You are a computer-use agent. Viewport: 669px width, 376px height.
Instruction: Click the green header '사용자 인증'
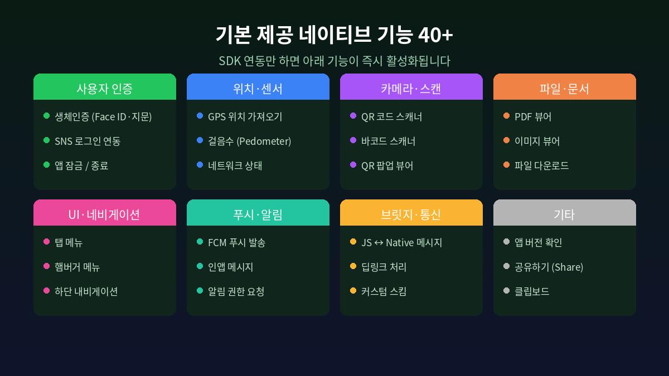point(105,88)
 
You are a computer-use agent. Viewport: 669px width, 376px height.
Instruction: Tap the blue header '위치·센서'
point(258,88)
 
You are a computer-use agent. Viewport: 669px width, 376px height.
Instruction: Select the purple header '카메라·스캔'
point(411,88)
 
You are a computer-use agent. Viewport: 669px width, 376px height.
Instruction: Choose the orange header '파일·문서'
point(564,88)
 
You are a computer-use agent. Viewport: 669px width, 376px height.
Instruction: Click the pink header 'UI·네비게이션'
point(105,214)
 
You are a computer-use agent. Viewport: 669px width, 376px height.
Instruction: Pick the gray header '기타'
point(564,214)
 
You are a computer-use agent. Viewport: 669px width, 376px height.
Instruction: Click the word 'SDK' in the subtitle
point(229,61)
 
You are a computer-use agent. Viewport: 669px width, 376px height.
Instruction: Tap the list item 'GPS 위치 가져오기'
point(245,116)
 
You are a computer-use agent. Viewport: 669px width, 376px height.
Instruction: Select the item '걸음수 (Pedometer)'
point(249,141)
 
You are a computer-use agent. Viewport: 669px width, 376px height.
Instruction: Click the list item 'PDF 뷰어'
point(532,116)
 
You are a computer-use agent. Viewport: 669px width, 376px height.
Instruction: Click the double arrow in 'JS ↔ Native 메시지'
point(379,243)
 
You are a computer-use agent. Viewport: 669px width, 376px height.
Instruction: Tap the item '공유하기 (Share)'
point(549,267)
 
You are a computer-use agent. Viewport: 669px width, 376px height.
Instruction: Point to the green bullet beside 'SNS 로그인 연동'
point(46,140)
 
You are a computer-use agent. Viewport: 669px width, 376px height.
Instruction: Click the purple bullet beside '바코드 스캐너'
point(353,140)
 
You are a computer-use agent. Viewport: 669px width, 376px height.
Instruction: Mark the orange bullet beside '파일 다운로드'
point(506,165)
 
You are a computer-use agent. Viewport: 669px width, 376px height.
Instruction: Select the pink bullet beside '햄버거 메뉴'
point(46,266)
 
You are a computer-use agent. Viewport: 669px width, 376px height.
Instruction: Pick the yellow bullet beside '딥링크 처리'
point(353,266)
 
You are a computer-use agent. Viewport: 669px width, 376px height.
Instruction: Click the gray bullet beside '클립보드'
point(506,291)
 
